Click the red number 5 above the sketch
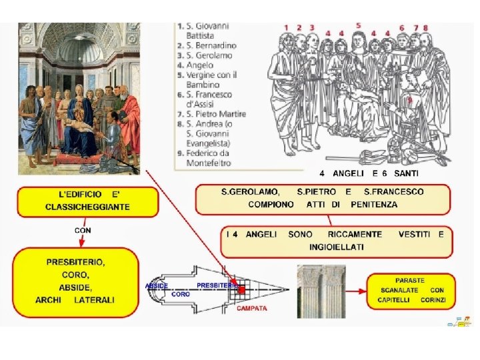pyautogui.click(x=358, y=25)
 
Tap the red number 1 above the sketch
pyautogui.click(x=286, y=28)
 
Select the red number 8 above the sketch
pyautogui.click(x=425, y=28)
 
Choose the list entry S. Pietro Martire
pyautogui.click(x=211, y=114)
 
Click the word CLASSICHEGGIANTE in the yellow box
pyautogui.click(x=88, y=207)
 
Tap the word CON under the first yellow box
pyautogui.click(x=83, y=230)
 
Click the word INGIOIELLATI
pyautogui.click(x=337, y=247)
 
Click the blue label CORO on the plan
pyautogui.click(x=181, y=294)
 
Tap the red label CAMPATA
pyautogui.click(x=252, y=309)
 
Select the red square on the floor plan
pyautogui.click(x=242, y=290)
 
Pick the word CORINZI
pyautogui.click(x=433, y=300)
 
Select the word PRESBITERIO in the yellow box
pyautogui.click(x=75, y=261)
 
